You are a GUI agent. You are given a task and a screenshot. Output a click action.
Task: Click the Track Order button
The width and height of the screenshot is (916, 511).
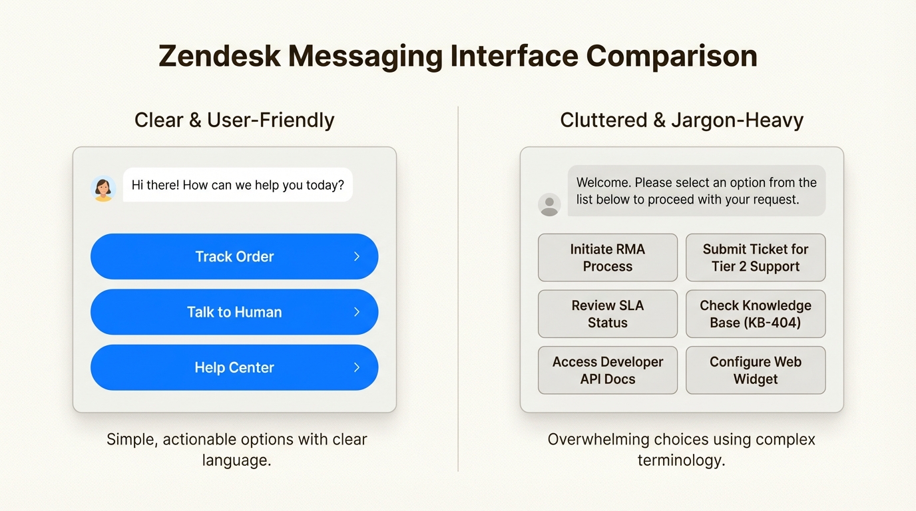point(234,256)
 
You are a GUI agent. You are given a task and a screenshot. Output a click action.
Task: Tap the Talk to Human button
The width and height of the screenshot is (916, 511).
point(234,312)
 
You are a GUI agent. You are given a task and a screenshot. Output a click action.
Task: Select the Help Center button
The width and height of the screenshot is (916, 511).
point(234,367)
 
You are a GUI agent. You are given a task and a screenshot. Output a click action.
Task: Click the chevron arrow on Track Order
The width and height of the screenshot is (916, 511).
point(357,256)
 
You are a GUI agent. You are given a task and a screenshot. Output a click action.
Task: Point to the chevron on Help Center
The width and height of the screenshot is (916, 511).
point(357,367)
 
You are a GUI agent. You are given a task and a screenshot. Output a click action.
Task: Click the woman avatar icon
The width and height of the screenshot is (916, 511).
point(103,188)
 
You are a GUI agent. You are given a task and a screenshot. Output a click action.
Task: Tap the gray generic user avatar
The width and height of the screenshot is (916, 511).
point(549,204)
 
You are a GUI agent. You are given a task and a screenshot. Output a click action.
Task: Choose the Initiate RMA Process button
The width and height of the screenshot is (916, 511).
point(608,257)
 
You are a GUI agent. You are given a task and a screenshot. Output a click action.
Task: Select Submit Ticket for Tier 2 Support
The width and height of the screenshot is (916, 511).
point(756,257)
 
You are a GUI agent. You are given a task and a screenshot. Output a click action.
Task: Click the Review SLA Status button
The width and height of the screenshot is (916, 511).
point(608,314)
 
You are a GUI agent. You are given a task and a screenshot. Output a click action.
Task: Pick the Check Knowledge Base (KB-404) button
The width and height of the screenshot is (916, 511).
point(756,314)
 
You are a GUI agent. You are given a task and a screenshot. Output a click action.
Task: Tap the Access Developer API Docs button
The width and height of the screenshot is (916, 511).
point(608,371)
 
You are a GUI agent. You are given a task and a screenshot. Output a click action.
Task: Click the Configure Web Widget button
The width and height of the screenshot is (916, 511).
point(756,371)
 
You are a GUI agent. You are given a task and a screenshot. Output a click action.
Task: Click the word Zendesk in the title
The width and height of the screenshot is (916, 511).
point(219,56)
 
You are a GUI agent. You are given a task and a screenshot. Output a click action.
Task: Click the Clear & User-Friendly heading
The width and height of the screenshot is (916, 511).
point(234,120)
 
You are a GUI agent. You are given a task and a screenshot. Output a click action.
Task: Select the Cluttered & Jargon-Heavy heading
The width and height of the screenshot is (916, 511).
point(682,120)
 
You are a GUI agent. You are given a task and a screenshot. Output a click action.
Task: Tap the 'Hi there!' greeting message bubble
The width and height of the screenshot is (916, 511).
point(238,185)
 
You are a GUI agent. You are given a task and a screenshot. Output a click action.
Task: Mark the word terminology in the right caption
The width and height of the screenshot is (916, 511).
point(681,460)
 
